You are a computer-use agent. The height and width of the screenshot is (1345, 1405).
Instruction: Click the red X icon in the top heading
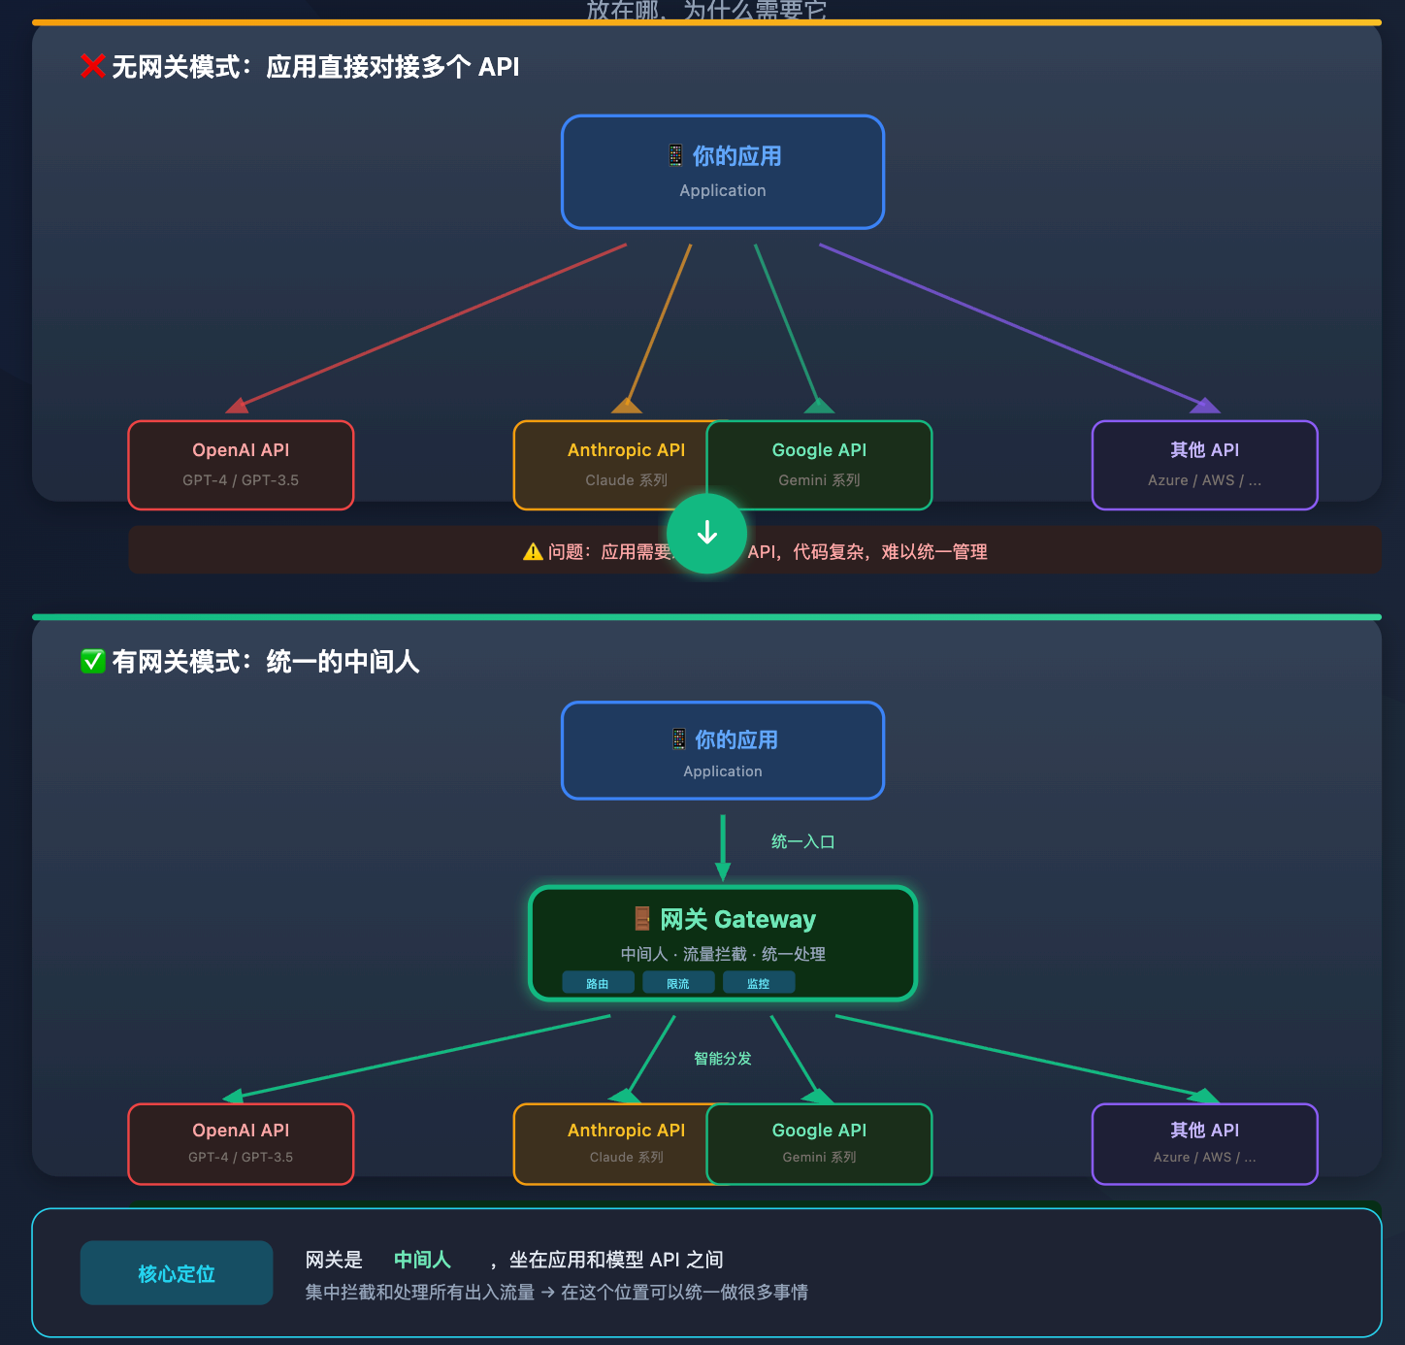point(92,66)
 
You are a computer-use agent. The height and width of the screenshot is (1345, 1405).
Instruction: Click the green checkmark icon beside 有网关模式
point(92,662)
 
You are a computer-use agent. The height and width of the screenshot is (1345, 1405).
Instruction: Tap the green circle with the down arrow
point(706,533)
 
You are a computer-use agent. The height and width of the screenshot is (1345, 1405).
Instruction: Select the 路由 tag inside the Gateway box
point(598,983)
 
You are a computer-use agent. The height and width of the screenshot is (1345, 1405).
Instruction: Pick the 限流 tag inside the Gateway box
point(678,983)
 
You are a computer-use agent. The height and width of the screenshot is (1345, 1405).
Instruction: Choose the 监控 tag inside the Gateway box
point(758,983)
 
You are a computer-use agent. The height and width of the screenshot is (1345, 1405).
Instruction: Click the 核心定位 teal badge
point(176,1273)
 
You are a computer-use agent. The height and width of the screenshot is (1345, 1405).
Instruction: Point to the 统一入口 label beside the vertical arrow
point(802,841)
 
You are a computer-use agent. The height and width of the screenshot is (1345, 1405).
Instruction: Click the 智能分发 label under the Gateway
point(722,1058)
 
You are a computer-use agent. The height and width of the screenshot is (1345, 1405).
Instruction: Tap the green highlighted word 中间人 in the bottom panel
point(422,1260)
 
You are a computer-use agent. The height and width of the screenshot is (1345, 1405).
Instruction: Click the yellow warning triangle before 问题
point(533,552)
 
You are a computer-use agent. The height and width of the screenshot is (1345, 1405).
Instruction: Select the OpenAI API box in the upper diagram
point(241,465)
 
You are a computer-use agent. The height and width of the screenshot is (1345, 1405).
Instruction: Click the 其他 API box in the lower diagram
point(1204,1143)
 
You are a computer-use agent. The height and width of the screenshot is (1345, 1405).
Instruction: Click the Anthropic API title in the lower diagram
point(626,1130)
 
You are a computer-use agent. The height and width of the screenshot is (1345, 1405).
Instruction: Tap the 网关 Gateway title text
point(737,919)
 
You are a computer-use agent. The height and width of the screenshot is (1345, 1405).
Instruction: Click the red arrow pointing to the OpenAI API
point(427,325)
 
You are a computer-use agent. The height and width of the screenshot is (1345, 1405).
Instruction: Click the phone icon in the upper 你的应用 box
point(675,155)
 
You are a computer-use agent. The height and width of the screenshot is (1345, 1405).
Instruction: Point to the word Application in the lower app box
point(723,771)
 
